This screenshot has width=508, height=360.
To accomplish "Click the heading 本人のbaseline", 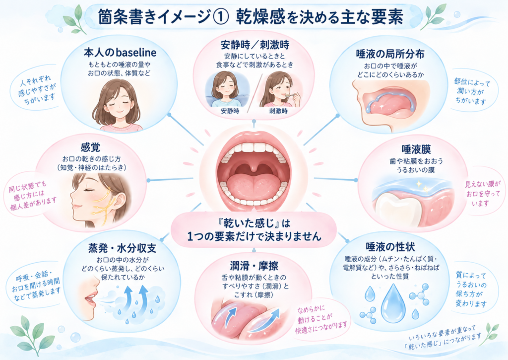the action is point(120,52).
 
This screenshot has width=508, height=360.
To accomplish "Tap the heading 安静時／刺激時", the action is point(254,44).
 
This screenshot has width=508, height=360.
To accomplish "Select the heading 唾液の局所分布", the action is point(390,54).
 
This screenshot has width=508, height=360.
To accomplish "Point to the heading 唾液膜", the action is point(416,149).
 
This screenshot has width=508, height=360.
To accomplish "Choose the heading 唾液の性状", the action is point(390,247).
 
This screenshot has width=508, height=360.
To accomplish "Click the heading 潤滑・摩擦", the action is point(254,266).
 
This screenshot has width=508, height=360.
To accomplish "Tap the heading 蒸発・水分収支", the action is point(122,248).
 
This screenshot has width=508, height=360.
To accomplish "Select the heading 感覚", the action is point(90,147).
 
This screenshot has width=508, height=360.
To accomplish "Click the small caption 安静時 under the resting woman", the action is point(230,111).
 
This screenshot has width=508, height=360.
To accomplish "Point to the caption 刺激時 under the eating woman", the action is point(278,111).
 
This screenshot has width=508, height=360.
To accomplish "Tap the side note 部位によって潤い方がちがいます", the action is point(471,91).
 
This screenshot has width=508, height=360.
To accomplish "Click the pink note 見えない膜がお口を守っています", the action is point(483,194).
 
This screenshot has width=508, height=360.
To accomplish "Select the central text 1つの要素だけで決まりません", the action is point(254,236).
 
